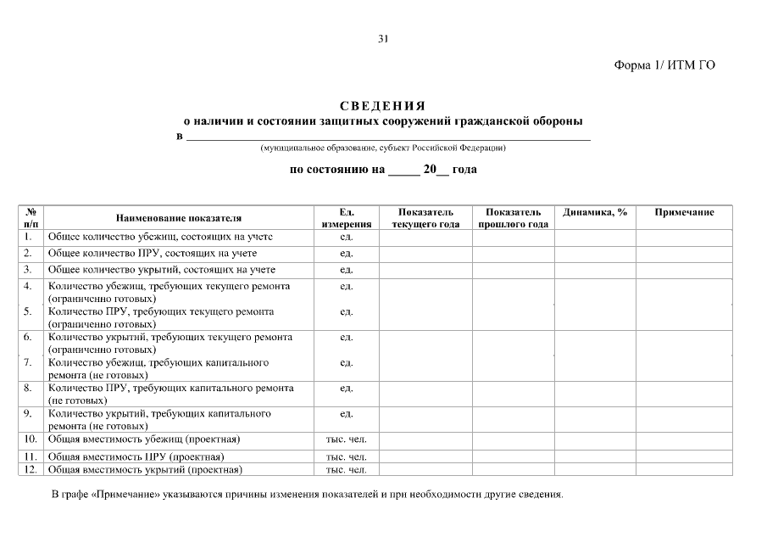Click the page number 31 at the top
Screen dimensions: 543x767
(383, 39)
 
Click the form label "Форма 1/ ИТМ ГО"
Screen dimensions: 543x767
(664, 66)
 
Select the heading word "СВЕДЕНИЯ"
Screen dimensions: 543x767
(382, 106)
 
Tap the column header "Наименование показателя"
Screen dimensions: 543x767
(179, 218)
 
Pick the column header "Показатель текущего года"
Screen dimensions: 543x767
(425, 218)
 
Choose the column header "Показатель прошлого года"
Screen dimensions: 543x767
(514, 218)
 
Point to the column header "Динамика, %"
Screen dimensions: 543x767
(595, 212)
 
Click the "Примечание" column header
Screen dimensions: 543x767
(684, 212)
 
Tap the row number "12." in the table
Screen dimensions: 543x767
(30, 469)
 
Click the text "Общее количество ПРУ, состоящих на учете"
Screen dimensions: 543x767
(153, 253)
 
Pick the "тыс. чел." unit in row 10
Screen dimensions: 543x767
(346, 439)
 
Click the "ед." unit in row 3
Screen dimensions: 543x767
(346, 270)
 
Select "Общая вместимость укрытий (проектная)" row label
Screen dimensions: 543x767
(145, 469)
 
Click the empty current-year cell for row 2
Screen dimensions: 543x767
(425, 253)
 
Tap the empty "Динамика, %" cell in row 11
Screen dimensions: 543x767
(595, 456)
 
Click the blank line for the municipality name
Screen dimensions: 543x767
(387, 136)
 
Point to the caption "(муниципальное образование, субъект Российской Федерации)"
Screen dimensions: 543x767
(383, 148)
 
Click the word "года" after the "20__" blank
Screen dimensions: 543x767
(464, 170)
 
